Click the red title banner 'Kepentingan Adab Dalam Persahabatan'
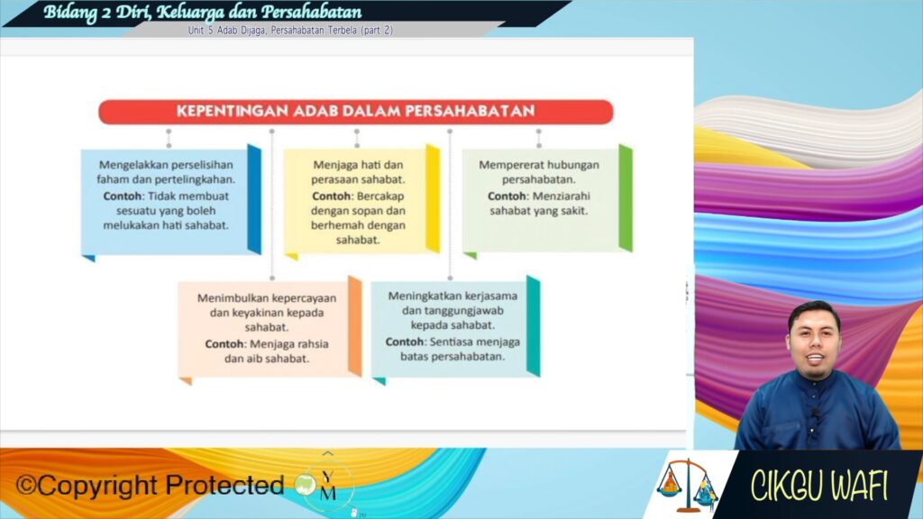355,111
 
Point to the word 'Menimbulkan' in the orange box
233,297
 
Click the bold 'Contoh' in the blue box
123,196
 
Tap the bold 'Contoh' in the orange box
224,343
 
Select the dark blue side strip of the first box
254,199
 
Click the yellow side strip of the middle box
433,198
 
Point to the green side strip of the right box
626,198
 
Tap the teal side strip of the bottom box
534,326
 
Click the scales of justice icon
687,485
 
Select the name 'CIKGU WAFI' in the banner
818,486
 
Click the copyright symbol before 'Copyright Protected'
26,486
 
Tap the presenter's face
815,342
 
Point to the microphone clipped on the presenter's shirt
816,414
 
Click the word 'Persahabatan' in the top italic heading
311,12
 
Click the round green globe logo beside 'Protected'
306,485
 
